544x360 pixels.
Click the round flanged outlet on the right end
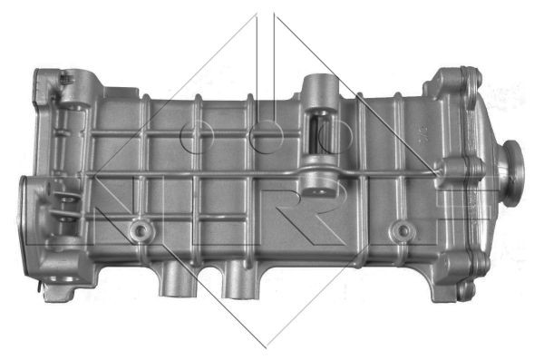click(513, 173)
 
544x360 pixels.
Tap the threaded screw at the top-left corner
click(67, 79)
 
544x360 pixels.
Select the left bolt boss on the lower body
click(140, 230)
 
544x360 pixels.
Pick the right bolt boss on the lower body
click(403, 229)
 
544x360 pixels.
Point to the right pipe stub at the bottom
click(239, 280)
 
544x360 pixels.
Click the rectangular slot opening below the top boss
click(320, 132)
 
